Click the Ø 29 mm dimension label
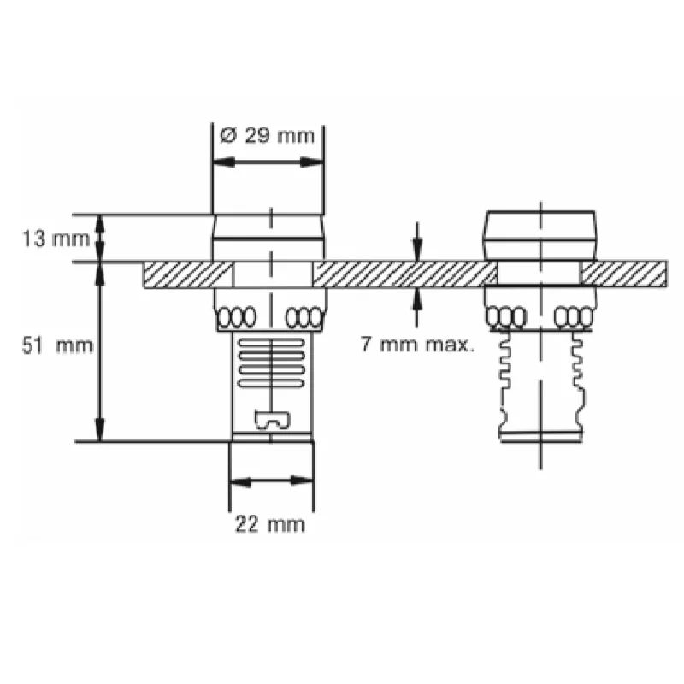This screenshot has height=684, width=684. pyautogui.click(x=267, y=136)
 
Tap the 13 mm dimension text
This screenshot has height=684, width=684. pyautogui.click(x=56, y=239)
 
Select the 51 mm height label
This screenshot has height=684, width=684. pyautogui.click(x=57, y=346)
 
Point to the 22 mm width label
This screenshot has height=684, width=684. pyautogui.click(x=269, y=524)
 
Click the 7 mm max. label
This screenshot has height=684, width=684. pyautogui.click(x=417, y=345)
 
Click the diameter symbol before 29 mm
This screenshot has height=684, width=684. pyautogui.click(x=228, y=136)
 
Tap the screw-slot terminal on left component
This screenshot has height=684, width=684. pyautogui.click(x=272, y=421)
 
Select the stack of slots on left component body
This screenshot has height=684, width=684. pyautogui.click(x=271, y=363)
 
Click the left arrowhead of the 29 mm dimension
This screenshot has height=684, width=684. pyautogui.click(x=223, y=162)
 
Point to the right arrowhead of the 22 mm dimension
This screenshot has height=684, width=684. pyautogui.click(x=302, y=481)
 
